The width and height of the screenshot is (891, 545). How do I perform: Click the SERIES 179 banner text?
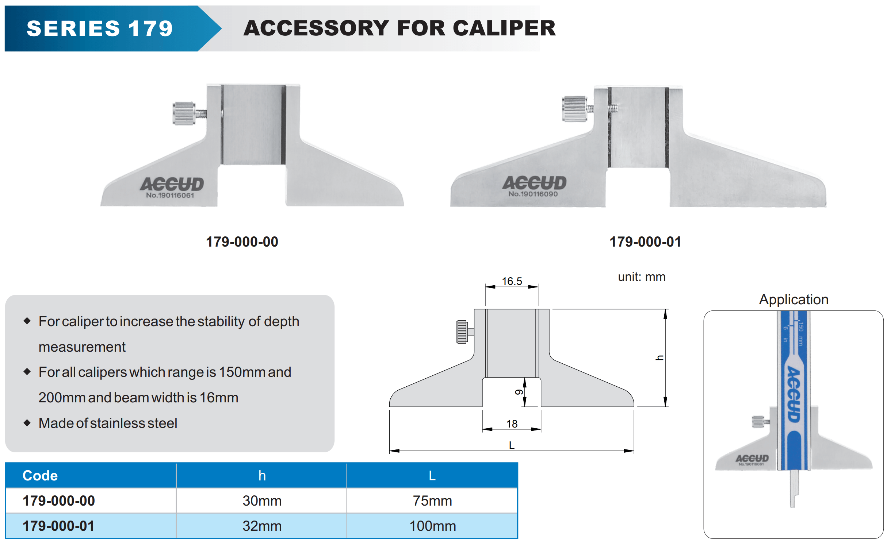tap(100, 28)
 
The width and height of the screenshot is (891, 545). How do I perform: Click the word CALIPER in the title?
tap(504, 28)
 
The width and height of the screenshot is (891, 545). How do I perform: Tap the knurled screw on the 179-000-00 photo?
tap(184, 113)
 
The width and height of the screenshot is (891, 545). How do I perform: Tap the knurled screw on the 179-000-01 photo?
tap(574, 109)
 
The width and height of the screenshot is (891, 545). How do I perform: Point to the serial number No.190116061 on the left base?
tap(170, 196)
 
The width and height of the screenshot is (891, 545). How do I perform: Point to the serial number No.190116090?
tap(533, 194)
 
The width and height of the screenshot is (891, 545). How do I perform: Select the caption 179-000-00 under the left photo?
tap(242, 242)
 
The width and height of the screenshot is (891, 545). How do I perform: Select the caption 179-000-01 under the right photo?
tap(645, 242)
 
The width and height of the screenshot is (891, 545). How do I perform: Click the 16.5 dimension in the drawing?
tap(512, 281)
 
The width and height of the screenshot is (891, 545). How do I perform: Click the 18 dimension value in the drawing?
tap(512, 424)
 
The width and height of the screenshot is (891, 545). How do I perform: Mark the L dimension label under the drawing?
tap(512, 445)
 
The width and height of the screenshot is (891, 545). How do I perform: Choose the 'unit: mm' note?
tap(642, 277)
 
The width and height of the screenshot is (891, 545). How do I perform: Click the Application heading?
tap(794, 299)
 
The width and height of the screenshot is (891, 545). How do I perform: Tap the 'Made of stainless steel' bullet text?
tap(108, 423)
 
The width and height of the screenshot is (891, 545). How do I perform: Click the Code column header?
tap(40, 476)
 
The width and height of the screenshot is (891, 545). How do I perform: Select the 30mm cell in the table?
tap(262, 501)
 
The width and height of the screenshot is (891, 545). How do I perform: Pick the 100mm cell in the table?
tap(432, 526)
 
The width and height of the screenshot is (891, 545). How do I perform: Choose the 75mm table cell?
tap(432, 501)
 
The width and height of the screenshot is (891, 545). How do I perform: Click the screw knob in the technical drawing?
tap(462, 332)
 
